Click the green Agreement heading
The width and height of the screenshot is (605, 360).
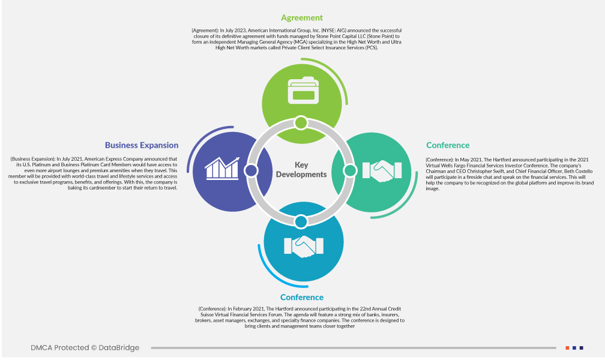(x=302, y=18)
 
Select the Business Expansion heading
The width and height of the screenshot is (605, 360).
(x=142, y=145)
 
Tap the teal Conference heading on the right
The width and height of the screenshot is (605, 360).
(x=448, y=145)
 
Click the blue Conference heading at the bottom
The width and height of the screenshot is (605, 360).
(x=302, y=298)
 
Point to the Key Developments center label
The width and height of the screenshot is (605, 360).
(x=302, y=170)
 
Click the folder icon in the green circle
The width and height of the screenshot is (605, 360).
(x=302, y=91)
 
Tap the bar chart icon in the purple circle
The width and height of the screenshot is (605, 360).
(x=222, y=169)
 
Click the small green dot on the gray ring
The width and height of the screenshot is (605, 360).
(x=301, y=123)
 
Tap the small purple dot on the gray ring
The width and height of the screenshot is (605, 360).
(x=251, y=171)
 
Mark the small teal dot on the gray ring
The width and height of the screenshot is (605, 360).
(x=349, y=171)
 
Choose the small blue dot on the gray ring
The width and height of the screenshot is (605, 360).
(x=301, y=221)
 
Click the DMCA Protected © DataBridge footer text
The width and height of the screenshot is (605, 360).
(x=85, y=348)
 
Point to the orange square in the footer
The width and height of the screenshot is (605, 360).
(x=567, y=348)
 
